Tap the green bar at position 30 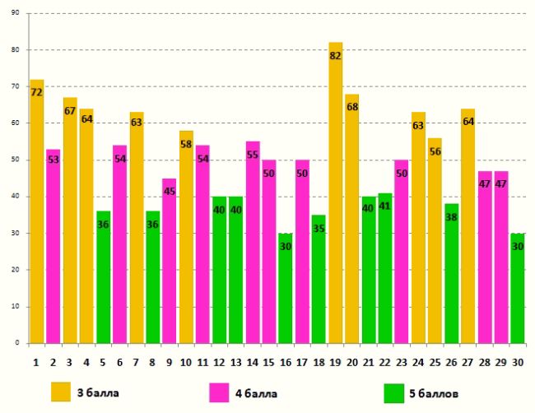tap(518, 288)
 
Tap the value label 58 tap(186, 144)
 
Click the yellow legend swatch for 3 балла tap(61, 391)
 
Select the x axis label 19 tap(335, 360)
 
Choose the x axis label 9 tap(169, 360)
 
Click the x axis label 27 tap(468, 360)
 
